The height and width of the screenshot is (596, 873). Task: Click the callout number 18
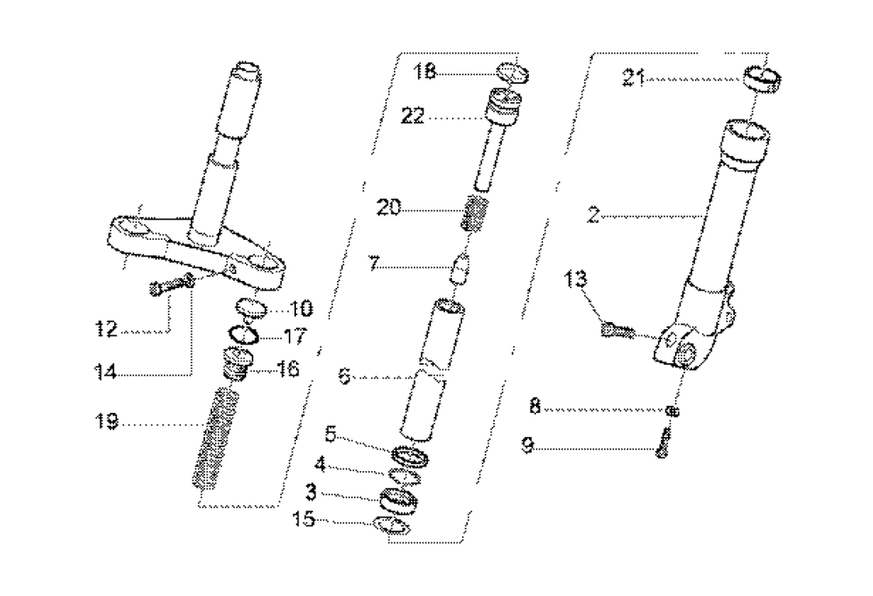click(x=425, y=72)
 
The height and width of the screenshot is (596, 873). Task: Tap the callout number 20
click(x=390, y=208)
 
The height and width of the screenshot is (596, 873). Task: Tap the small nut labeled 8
click(x=671, y=410)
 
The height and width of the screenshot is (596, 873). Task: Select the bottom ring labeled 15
click(x=391, y=526)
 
